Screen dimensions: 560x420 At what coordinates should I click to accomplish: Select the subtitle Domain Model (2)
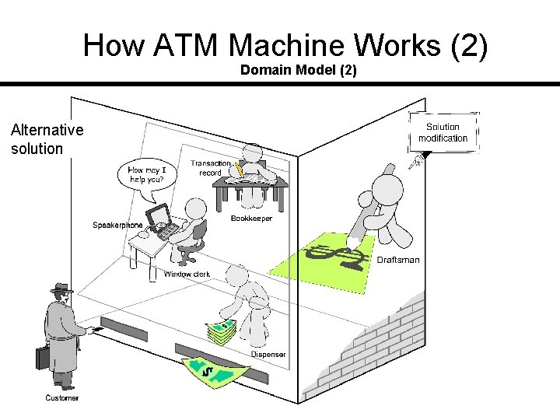(x=298, y=70)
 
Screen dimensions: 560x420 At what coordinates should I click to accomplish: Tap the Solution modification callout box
(x=443, y=132)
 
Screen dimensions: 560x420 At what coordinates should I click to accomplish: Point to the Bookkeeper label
(x=251, y=219)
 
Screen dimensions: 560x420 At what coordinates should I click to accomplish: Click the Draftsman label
(x=398, y=260)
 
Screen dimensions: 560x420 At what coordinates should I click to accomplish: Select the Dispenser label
(x=268, y=355)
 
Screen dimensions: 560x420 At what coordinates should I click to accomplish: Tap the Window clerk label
(x=187, y=275)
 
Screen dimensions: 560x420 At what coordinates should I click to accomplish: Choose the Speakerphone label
(x=117, y=225)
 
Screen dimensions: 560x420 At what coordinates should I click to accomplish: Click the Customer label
(x=61, y=398)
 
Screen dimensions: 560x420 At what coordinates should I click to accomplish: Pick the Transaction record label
(x=211, y=168)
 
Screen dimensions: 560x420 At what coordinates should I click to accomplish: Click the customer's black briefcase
(x=42, y=358)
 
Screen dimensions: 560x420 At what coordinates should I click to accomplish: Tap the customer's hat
(x=61, y=288)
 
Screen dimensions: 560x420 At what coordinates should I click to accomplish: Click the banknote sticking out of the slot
(x=215, y=373)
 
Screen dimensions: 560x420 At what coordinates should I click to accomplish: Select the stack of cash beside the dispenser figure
(x=222, y=332)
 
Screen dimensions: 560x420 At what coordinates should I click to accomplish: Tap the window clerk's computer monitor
(x=157, y=215)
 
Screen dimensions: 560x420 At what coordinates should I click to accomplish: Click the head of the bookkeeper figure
(x=253, y=153)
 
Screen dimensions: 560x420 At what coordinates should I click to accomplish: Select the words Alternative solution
(x=47, y=139)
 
